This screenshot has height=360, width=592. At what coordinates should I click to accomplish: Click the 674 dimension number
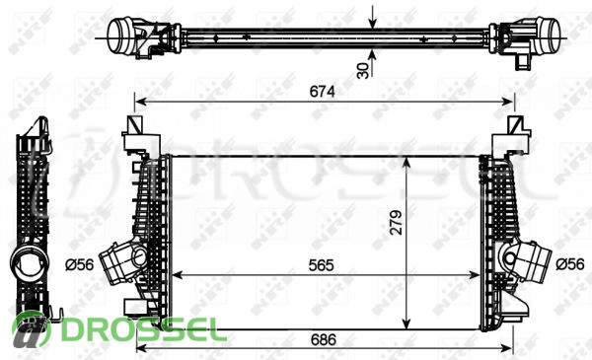pyautogui.click(x=322, y=92)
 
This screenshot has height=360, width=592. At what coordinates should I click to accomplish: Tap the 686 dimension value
pyautogui.click(x=324, y=340)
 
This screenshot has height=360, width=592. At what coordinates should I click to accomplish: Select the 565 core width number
pyautogui.click(x=321, y=265)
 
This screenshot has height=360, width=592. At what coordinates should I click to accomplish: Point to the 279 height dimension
pyautogui.click(x=396, y=223)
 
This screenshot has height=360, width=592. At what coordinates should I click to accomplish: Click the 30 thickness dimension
pyautogui.click(x=363, y=71)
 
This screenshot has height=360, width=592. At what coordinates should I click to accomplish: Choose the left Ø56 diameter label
pyautogui.click(x=79, y=265)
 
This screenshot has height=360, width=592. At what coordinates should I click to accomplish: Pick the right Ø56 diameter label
pyautogui.click(x=570, y=264)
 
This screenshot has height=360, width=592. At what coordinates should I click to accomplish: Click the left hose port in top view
pyautogui.click(x=120, y=36)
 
